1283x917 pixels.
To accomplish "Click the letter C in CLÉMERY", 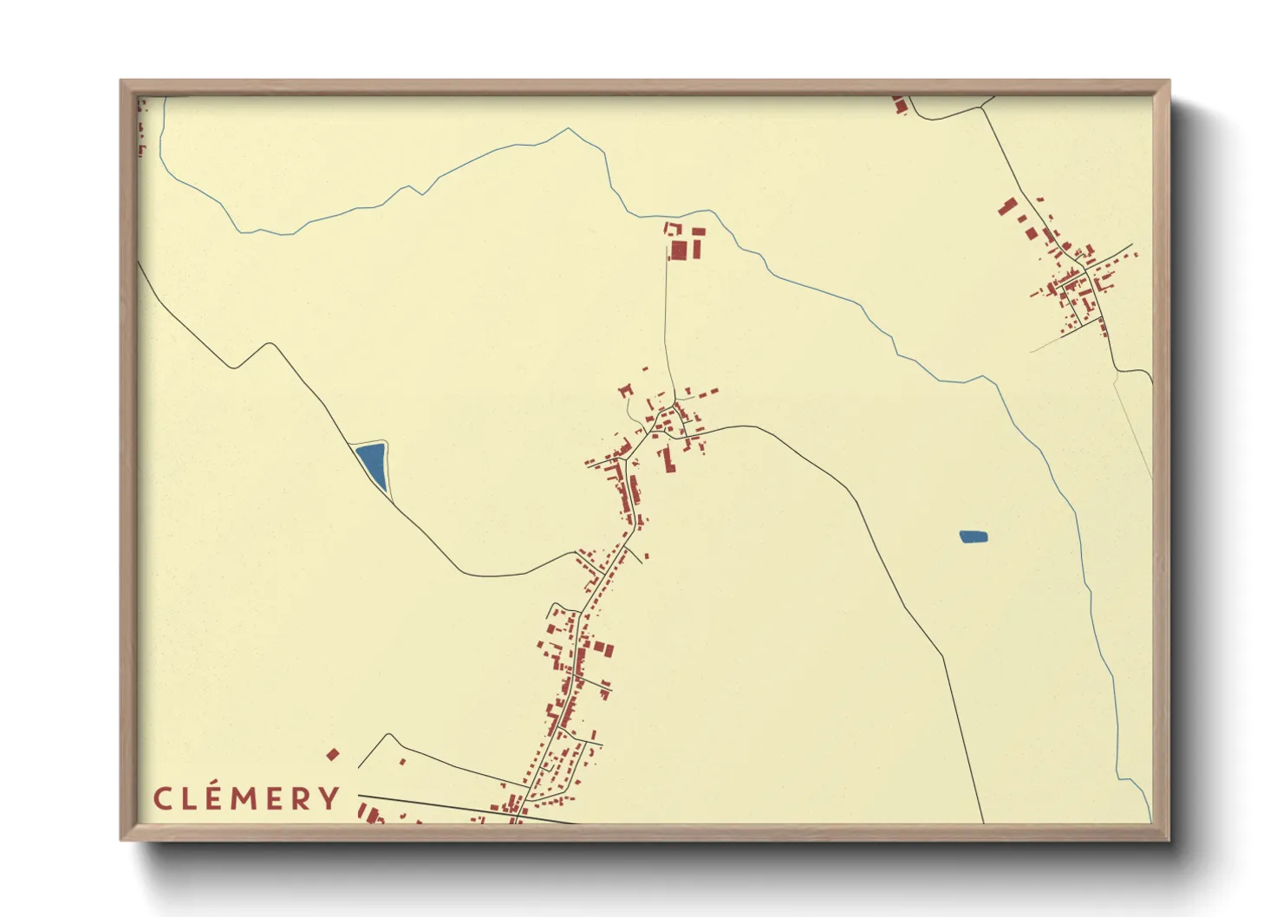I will tap(162, 798).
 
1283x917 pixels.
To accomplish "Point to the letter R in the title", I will tap(303, 798).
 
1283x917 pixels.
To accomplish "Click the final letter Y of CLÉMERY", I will tap(330, 798).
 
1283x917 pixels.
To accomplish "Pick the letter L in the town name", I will tap(191, 798).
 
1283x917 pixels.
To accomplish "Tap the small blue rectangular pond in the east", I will tap(974, 537).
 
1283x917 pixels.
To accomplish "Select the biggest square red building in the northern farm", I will tap(679, 250).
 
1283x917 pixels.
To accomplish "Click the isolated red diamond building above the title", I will tap(332, 755).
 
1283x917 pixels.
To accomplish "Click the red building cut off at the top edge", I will tap(900, 105).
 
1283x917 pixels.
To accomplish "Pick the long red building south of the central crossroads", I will tap(668, 460).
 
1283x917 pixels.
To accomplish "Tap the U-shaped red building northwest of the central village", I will tap(626, 392).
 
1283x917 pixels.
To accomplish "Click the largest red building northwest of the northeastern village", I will tap(1008, 207).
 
